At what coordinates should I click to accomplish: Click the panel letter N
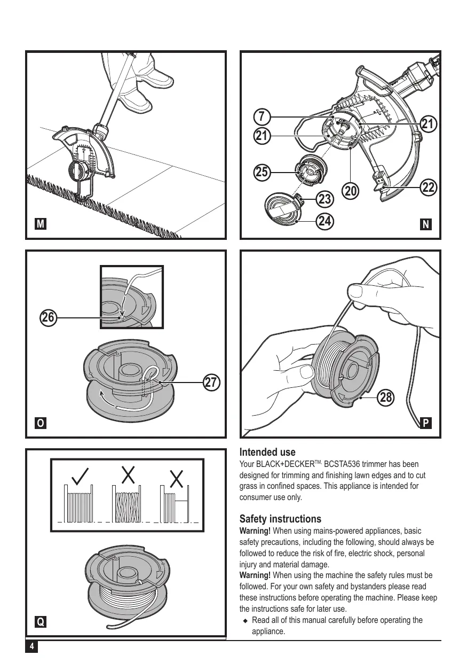click(x=426, y=225)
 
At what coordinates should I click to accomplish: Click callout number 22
click(x=429, y=188)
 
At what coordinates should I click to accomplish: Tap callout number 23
click(x=324, y=199)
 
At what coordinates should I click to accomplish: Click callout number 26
click(x=49, y=317)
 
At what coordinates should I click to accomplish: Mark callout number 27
click(x=212, y=383)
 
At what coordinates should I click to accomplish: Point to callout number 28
click(x=387, y=398)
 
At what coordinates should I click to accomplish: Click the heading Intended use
click(x=267, y=453)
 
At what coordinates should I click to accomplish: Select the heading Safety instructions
click(x=280, y=519)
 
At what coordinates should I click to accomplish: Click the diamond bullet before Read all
click(x=246, y=621)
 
